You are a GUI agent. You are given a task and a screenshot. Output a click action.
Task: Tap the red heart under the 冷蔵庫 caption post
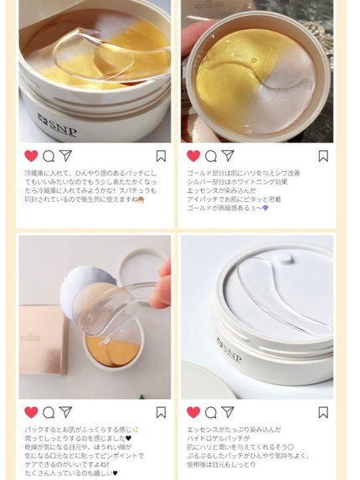pyautogui.click(x=31, y=156)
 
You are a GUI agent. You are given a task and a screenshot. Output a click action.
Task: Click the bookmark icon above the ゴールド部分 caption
pyautogui.click(x=323, y=156)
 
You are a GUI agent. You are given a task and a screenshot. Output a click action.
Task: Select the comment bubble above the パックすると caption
pyautogui.click(x=48, y=411)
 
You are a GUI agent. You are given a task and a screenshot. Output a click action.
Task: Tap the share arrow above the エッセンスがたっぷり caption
pyautogui.click(x=228, y=411)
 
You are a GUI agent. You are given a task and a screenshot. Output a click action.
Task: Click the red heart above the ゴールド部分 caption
pyautogui.click(x=193, y=156)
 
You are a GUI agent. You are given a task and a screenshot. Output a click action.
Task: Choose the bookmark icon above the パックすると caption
pyautogui.click(x=161, y=411)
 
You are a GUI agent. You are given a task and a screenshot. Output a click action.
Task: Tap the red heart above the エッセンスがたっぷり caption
pyautogui.click(x=193, y=411)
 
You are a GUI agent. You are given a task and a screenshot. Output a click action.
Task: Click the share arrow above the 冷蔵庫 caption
pyautogui.click(x=65, y=156)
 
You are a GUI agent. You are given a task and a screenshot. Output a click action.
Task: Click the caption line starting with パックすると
pyautogui.click(x=85, y=428)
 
